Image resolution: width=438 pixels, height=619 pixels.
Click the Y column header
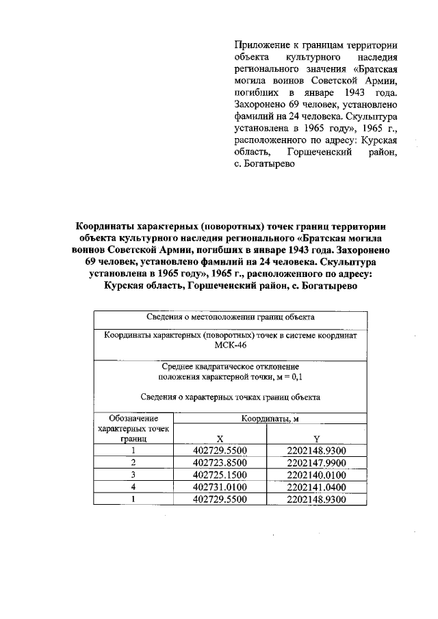pyautogui.click(x=317, y=438)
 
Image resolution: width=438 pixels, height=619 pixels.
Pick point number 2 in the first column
pyautogui.click(x=133, y=463)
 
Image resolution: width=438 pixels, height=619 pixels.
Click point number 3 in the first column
pyautogui.click(x=133, y=475)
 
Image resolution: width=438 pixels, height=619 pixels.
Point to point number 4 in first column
pyautogui.click(x=133, y=488)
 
